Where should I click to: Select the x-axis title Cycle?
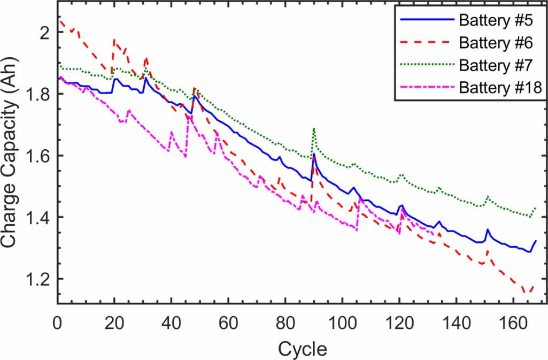point(302,349)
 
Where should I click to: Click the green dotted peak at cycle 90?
point(314,128)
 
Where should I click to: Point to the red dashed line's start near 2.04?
point(60,21)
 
